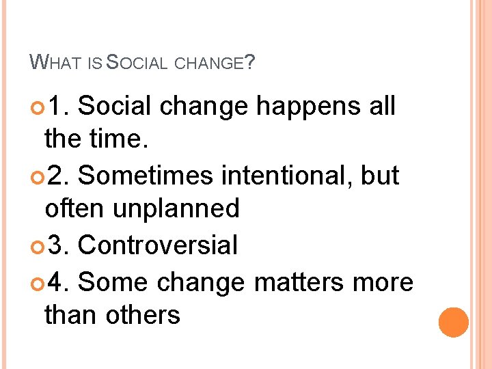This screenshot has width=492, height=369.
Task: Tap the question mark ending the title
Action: click(250, 63)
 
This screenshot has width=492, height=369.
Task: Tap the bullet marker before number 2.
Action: click(36, 176)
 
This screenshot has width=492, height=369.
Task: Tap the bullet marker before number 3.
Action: click(36, 245)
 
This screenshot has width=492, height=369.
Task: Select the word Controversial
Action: click(158, 245)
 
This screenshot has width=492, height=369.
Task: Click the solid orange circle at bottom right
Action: click(453, 322)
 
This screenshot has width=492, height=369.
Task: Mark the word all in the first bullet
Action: click(380, 107)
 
